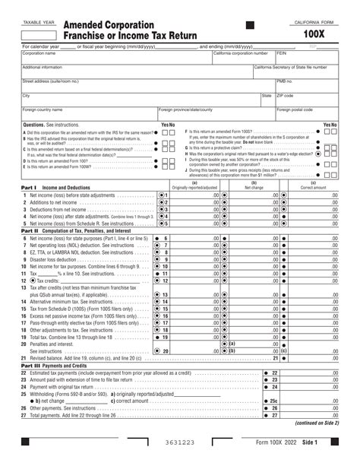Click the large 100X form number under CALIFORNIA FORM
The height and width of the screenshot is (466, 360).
(311, 35)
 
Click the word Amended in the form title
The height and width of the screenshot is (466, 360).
(89, 25)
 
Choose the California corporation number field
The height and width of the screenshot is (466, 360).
(242, 58)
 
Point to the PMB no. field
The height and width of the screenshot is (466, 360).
(307, 84)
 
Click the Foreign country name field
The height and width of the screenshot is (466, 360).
(88, 113)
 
